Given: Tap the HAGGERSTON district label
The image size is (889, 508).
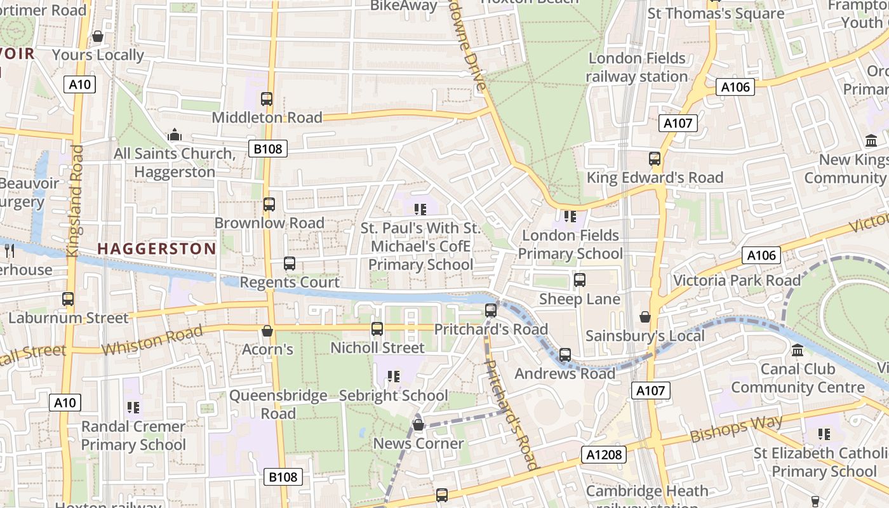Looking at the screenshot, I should pos(157,249).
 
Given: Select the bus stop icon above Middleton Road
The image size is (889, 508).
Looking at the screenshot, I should pos(267,99).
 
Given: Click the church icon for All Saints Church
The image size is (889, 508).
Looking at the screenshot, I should pos(175,135).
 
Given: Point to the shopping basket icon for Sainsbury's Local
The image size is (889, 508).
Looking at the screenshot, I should pos(645,316).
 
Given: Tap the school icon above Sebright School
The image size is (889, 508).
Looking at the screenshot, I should pos(394,377).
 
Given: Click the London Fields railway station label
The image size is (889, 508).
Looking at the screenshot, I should pos(637,67).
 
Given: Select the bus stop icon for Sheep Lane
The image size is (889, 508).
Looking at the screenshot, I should pos(579,280).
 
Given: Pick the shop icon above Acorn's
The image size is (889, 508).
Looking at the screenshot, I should pos(267,331).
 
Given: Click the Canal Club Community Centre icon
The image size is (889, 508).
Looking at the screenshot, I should pos(798,350).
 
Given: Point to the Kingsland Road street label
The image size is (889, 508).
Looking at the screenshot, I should pos(75,201).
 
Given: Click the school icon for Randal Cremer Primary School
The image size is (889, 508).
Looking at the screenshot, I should pos(133,407).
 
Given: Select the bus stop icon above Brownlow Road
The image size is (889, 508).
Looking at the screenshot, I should pos(269,204).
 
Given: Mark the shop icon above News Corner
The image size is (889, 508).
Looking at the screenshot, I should pos(418,425).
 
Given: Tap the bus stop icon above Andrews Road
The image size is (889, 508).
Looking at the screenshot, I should pos(565,355).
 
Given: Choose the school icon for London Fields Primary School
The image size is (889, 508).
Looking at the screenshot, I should pos(570,217).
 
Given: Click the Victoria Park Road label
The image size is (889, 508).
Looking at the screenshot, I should pos(737,281).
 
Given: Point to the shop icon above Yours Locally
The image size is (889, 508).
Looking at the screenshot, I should pos(98,37).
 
